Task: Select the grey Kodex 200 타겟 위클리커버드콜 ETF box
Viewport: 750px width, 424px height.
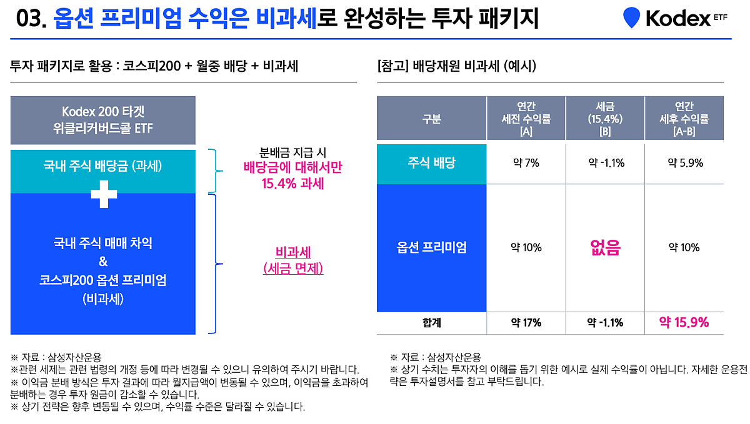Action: click(x=103, y=120)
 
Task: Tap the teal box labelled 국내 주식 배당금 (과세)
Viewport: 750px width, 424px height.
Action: click(x=103, y=166)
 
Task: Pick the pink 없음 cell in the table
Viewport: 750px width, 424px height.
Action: click(x=605, y=248)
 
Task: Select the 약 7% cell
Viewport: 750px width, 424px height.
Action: click(x=526, y=164)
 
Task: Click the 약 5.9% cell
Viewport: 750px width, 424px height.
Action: click(x=684, y=164)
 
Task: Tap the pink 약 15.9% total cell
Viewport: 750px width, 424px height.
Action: click(x=684, y=323)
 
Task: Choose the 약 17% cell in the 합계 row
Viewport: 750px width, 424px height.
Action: click(x=526, y=323)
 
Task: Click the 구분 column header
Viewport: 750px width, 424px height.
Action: click(x=431, y=119)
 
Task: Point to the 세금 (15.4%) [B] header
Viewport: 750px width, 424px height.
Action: click(x=605, y=119)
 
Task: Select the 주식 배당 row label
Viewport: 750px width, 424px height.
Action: click(x=431, y=164)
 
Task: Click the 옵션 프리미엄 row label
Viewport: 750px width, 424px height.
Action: click(x=431, y=248)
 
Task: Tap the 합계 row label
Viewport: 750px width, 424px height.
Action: click(x=431, y=323)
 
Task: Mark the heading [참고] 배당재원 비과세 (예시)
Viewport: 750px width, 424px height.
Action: click(x=456, y=66)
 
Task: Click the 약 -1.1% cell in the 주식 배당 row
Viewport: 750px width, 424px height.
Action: click(x=605, y=164)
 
